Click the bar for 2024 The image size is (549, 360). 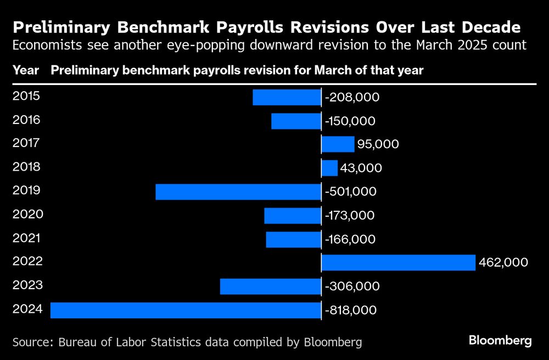186,310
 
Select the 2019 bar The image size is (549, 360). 238,192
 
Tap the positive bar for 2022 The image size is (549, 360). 398,262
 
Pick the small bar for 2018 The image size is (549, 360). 329,168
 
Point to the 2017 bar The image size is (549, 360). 338,144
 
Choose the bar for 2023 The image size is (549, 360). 271,286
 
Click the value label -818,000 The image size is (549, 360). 351,310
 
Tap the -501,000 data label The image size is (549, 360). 351,192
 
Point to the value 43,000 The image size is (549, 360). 361,168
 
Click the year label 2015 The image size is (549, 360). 26,96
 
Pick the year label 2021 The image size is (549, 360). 26,238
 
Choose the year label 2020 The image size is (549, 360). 26,214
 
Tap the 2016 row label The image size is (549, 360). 26,120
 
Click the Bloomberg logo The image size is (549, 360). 500,341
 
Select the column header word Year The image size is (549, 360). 25,70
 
